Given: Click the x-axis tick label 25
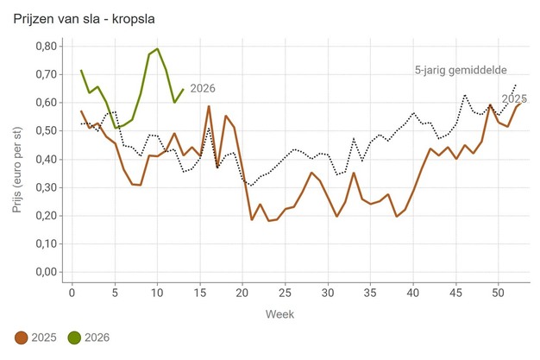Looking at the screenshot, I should tap(286, 292).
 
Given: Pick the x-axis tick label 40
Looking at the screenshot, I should tap(413, 292).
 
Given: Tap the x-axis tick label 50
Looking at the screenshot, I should tap(499, 292).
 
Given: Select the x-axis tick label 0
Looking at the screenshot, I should tap(72, 292).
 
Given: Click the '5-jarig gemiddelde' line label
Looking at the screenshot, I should tap(460, 71).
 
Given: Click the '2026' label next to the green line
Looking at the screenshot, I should tap(203, 88).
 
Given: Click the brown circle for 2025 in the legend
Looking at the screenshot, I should tap(23, 338).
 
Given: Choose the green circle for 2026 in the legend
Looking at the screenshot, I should tap(75, 338).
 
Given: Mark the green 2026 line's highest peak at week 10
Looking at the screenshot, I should tap(158, 49).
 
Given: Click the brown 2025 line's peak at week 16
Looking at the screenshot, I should tap(209, 106).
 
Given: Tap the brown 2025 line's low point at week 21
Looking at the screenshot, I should tap(252, 219).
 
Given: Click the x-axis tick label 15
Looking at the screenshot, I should tap(200, 292).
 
